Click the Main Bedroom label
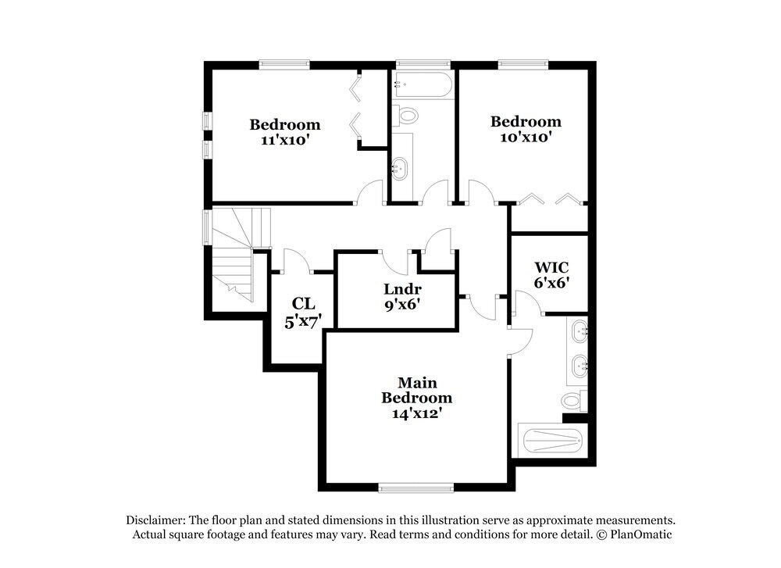416,390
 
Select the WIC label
550,267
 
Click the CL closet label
302,303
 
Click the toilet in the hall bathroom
406,116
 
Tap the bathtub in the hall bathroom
423,84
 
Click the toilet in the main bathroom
573,402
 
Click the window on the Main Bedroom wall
416,488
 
